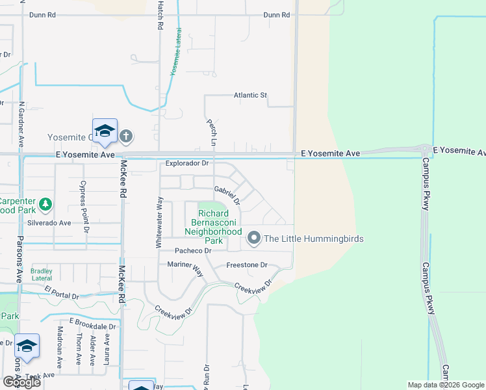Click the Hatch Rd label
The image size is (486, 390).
point(159,16)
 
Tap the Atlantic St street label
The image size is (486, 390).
point(250,96)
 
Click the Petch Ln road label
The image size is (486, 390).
point(211,131)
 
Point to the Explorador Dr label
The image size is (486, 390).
point(186,164)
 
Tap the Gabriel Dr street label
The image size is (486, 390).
point(227,195)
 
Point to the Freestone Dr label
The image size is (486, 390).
point(246,265)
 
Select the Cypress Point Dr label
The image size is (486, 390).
point(84,206)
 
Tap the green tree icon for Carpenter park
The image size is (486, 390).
point(45,205)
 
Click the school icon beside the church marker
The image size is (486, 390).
point(105,132)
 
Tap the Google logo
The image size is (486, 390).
point(21,382)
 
